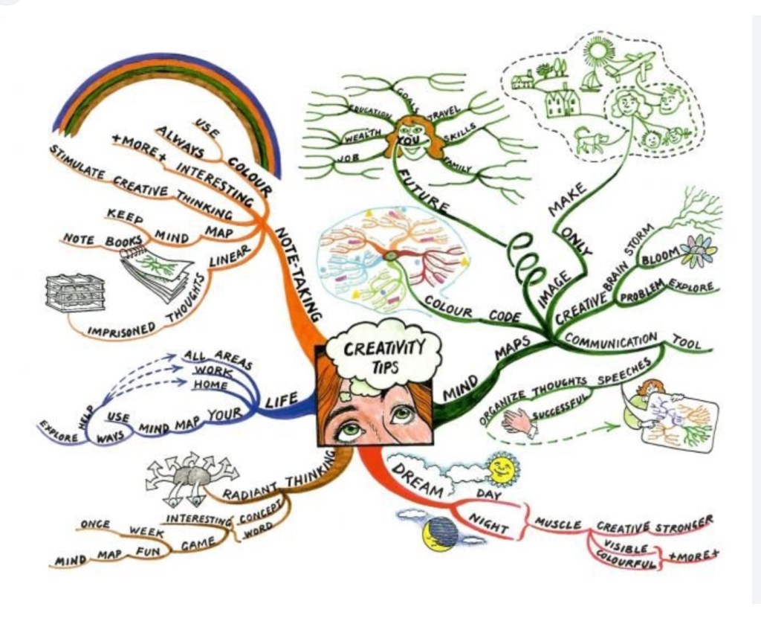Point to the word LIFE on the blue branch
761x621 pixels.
click(x=282, y=401)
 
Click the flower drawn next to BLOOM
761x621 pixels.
click(x=698, y=251)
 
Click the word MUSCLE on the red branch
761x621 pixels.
click(x=558, y=525)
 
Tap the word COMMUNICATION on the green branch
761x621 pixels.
click(x=611, y=341)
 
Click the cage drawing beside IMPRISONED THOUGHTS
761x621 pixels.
click(x=74, y=292)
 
